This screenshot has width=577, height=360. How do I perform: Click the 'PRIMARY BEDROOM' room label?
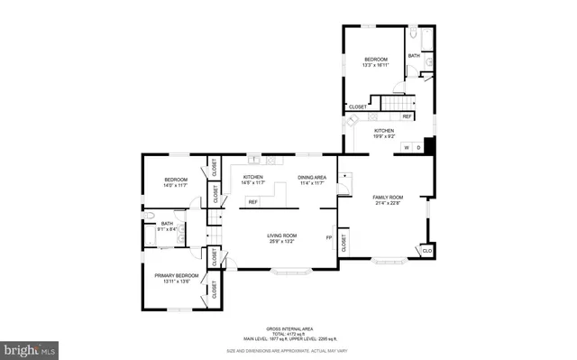click(x=176, y=274)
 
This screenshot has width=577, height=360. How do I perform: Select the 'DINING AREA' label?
click(x=312, y=177)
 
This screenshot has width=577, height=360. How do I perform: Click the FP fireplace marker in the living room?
click(x=329, y=238)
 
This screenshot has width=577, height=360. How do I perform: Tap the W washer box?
click(x=407, y=147)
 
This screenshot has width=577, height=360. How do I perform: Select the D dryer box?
click(x=418, y=147)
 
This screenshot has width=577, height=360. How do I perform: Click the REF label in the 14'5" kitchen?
click(x=252, y=201)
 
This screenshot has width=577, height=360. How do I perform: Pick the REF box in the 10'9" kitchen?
click(x=407, y=116)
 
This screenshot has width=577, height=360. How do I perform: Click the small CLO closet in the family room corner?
click(x=426, y=250)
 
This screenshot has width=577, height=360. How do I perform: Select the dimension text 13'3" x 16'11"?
click(x=375, y=65)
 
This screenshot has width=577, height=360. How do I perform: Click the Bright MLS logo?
click(x=30, y=347)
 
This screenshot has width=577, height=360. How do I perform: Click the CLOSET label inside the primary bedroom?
click(x=215, y=289)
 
